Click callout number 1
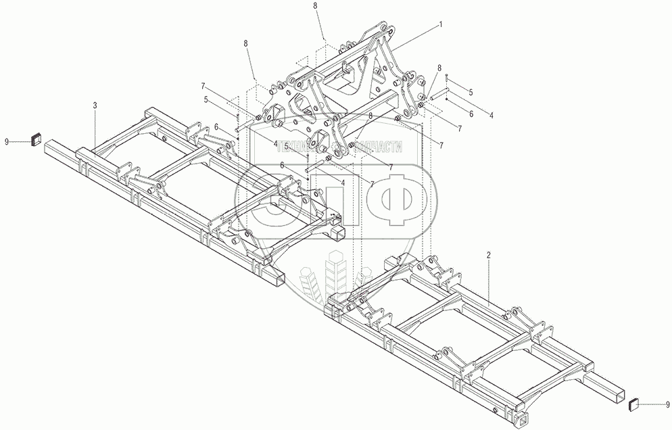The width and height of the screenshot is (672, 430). point(441,23)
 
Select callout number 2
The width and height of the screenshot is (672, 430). point(488,256)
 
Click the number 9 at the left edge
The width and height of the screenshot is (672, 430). point(7,141)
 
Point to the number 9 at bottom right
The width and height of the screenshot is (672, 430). point(668,404)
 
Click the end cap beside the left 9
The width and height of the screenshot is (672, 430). point(34,141)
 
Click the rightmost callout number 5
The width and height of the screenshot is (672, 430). point(471,91)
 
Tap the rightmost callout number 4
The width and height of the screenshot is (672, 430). point(491,115)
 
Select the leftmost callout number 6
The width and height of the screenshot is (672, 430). point(215,126)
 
